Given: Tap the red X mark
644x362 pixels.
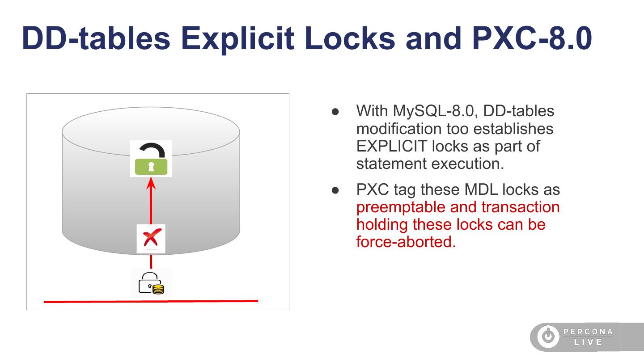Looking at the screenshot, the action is (x=151, y=238).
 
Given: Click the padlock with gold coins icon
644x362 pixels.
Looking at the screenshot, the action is (x=151, y=283).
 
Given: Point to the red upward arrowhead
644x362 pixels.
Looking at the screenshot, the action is (x=151, y=183).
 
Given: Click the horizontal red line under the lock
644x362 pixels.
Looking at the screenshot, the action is (x=151, y=301).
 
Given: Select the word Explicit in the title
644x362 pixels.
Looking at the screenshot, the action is (x=237, y=39).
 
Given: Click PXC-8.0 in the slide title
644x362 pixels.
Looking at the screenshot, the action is (x=532, y=38).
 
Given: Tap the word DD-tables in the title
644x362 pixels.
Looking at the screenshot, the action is (x=96, y=38).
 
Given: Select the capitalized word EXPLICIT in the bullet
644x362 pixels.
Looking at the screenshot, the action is (x=392, y=146).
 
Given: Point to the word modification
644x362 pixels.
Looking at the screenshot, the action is (x=399, y=128).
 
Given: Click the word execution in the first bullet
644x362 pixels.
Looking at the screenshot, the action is (x=468, y=164).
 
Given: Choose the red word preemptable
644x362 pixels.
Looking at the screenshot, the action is (x=401, y=207).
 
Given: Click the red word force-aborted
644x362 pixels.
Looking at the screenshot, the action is (x=406, y=242).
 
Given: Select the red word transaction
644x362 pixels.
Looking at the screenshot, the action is (x=521, y=207).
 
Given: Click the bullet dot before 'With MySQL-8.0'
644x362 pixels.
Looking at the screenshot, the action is (x=335, y=112).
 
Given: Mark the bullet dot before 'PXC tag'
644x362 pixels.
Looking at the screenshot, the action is (x=335, y=190).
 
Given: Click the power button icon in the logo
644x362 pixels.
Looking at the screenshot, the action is (x=548, y=336).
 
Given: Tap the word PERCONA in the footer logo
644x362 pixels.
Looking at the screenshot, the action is (x=588, y=332).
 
